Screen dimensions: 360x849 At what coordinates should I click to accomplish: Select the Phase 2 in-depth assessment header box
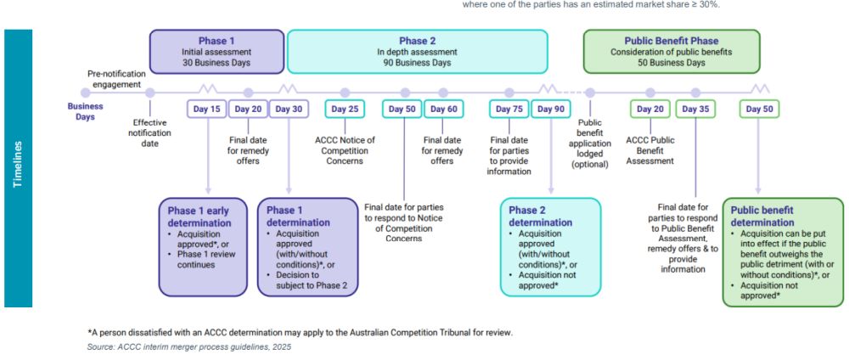418,51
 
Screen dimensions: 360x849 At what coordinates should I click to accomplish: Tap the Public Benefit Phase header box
671,51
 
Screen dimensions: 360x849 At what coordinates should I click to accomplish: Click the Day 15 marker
207,109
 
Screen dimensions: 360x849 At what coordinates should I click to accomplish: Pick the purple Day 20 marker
248,109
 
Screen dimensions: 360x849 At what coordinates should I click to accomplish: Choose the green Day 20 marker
650,109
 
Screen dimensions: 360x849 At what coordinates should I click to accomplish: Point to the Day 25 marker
345,109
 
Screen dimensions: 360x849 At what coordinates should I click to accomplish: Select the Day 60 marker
443,109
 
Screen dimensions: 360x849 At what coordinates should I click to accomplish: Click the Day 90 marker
552,109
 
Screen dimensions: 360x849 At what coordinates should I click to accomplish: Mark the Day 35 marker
695,109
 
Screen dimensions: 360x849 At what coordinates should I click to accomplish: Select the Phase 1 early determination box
202,246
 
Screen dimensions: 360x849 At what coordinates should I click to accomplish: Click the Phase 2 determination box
550,246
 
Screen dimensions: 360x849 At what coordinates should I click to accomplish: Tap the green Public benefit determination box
783,250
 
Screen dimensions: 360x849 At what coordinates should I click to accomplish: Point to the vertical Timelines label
18,168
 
